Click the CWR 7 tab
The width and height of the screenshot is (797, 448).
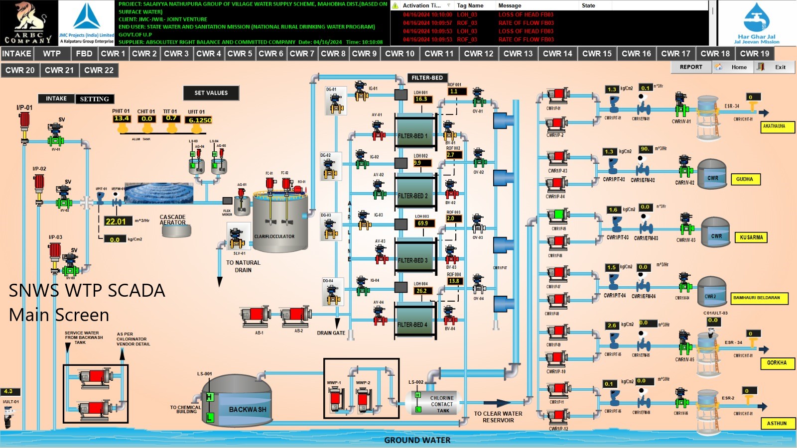tap(302, 54)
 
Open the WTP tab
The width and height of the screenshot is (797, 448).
tap(52, 54)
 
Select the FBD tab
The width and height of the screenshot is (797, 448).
tap(84, 54)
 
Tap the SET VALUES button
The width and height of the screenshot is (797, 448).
tap(211, 93)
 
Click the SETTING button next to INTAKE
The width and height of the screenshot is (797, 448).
tap(95, 99)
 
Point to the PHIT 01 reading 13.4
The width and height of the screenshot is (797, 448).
tap(122, 118)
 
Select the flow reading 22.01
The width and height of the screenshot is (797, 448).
tap(116, 222)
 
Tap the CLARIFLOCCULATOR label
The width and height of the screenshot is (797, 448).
tap(274, 236)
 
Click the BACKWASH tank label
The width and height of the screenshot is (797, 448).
tap(248, 409)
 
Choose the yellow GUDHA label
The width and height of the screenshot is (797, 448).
tap(745, 179)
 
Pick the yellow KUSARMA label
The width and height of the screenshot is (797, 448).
tap(751, 237)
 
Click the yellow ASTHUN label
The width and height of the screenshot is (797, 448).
tap(777, 423)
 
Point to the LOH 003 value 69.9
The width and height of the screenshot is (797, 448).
tap(423, 224)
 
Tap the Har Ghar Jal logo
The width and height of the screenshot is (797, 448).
tap(757, 23)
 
